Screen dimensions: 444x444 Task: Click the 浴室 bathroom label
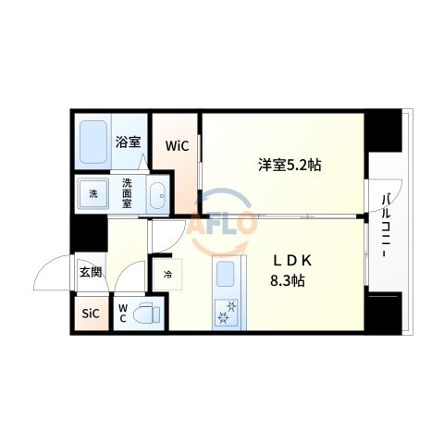click(128, 142)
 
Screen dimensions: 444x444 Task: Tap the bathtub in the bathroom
click(93, 142)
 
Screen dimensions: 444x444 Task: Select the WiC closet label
click(178, 145)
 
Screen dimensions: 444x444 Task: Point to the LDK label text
click(281, 260)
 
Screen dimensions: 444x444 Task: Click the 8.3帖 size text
click(288, 280)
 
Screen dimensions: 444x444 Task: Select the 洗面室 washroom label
click(128, 193)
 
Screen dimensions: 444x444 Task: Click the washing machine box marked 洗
click(93, 194)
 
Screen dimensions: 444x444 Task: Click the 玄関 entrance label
click(90, 272)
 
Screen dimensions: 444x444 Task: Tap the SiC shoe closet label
click(90, 313)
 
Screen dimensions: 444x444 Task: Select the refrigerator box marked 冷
click(168, 274)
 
